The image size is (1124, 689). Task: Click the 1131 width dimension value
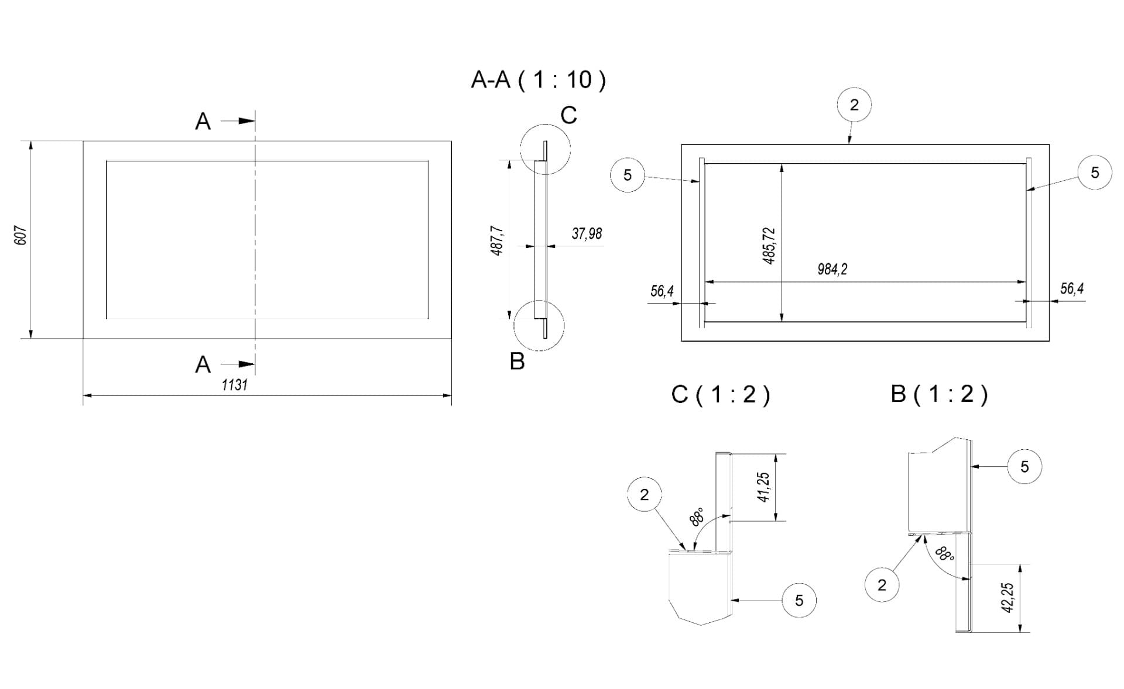235,385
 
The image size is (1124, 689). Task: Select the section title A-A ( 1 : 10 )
539,80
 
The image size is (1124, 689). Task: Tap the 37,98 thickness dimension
587,234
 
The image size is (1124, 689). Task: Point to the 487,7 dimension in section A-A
498,241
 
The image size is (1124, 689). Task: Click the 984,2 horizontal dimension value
832,269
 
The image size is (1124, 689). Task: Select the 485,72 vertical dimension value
769,246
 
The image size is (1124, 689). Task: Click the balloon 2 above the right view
854,105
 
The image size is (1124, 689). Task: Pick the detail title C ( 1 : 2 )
721,395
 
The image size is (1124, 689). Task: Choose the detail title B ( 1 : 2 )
940,394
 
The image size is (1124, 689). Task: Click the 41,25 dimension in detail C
763,487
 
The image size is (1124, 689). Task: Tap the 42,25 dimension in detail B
1008,598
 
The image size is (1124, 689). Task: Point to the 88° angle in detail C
697,517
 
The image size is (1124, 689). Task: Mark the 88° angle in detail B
944,553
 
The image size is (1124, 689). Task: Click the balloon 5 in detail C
799,601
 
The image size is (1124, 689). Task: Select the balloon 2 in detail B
882,585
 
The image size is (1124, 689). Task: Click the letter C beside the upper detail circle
568,115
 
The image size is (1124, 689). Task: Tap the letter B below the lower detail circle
517,361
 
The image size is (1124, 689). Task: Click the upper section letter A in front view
203,122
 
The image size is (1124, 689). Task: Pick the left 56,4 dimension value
662,291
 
